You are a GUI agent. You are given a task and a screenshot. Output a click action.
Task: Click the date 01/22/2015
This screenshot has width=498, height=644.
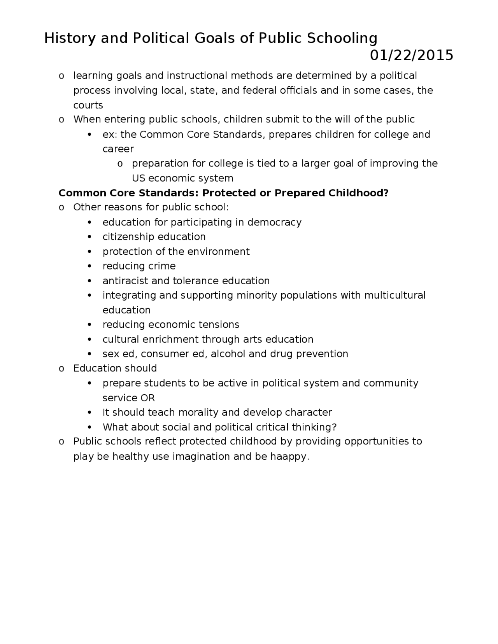[411, 56]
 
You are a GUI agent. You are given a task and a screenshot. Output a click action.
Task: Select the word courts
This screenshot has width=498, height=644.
[88, 105]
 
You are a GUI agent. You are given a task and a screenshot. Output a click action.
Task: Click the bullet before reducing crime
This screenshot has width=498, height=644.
[90, 267]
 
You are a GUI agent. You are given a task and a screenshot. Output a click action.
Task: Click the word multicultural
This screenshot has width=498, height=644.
[395, 295]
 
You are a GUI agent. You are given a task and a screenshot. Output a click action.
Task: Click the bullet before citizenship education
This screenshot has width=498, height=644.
[90, 237]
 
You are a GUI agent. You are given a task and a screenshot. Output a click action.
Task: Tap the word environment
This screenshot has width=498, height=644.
[218, 252]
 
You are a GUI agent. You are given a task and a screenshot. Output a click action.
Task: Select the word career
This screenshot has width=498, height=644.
[118, 149]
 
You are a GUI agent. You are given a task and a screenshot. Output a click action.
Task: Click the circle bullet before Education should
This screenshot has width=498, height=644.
[61, 369]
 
